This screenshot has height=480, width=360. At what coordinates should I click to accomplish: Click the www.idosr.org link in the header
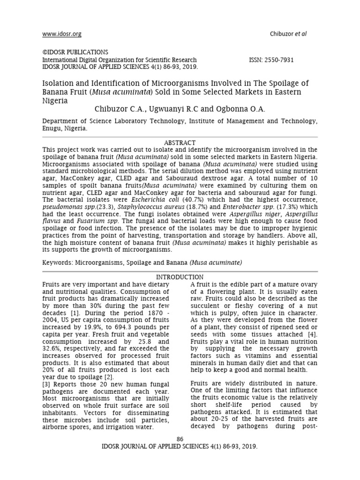[x=62, y=34]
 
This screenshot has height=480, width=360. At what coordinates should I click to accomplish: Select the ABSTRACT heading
[x=180, y=142]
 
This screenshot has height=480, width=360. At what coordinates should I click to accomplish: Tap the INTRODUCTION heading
[x=180, y=277]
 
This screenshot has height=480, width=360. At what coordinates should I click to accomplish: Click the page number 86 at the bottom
[x=180, y=439]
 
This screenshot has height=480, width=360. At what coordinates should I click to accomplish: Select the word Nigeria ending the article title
[x=55, y=100]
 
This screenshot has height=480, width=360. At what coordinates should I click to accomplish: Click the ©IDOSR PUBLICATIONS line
[x=75, y=52]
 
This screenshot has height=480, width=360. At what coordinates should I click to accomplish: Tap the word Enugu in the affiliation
[x=52, y=127]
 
